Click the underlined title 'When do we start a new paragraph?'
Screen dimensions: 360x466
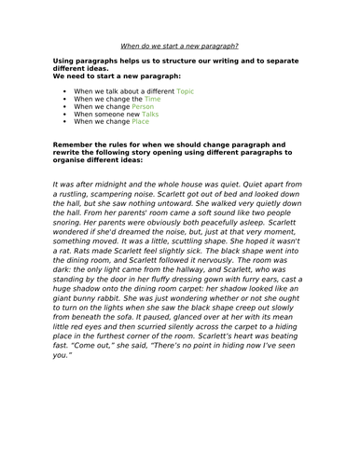point(179,45)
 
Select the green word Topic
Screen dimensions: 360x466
point(186,92)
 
